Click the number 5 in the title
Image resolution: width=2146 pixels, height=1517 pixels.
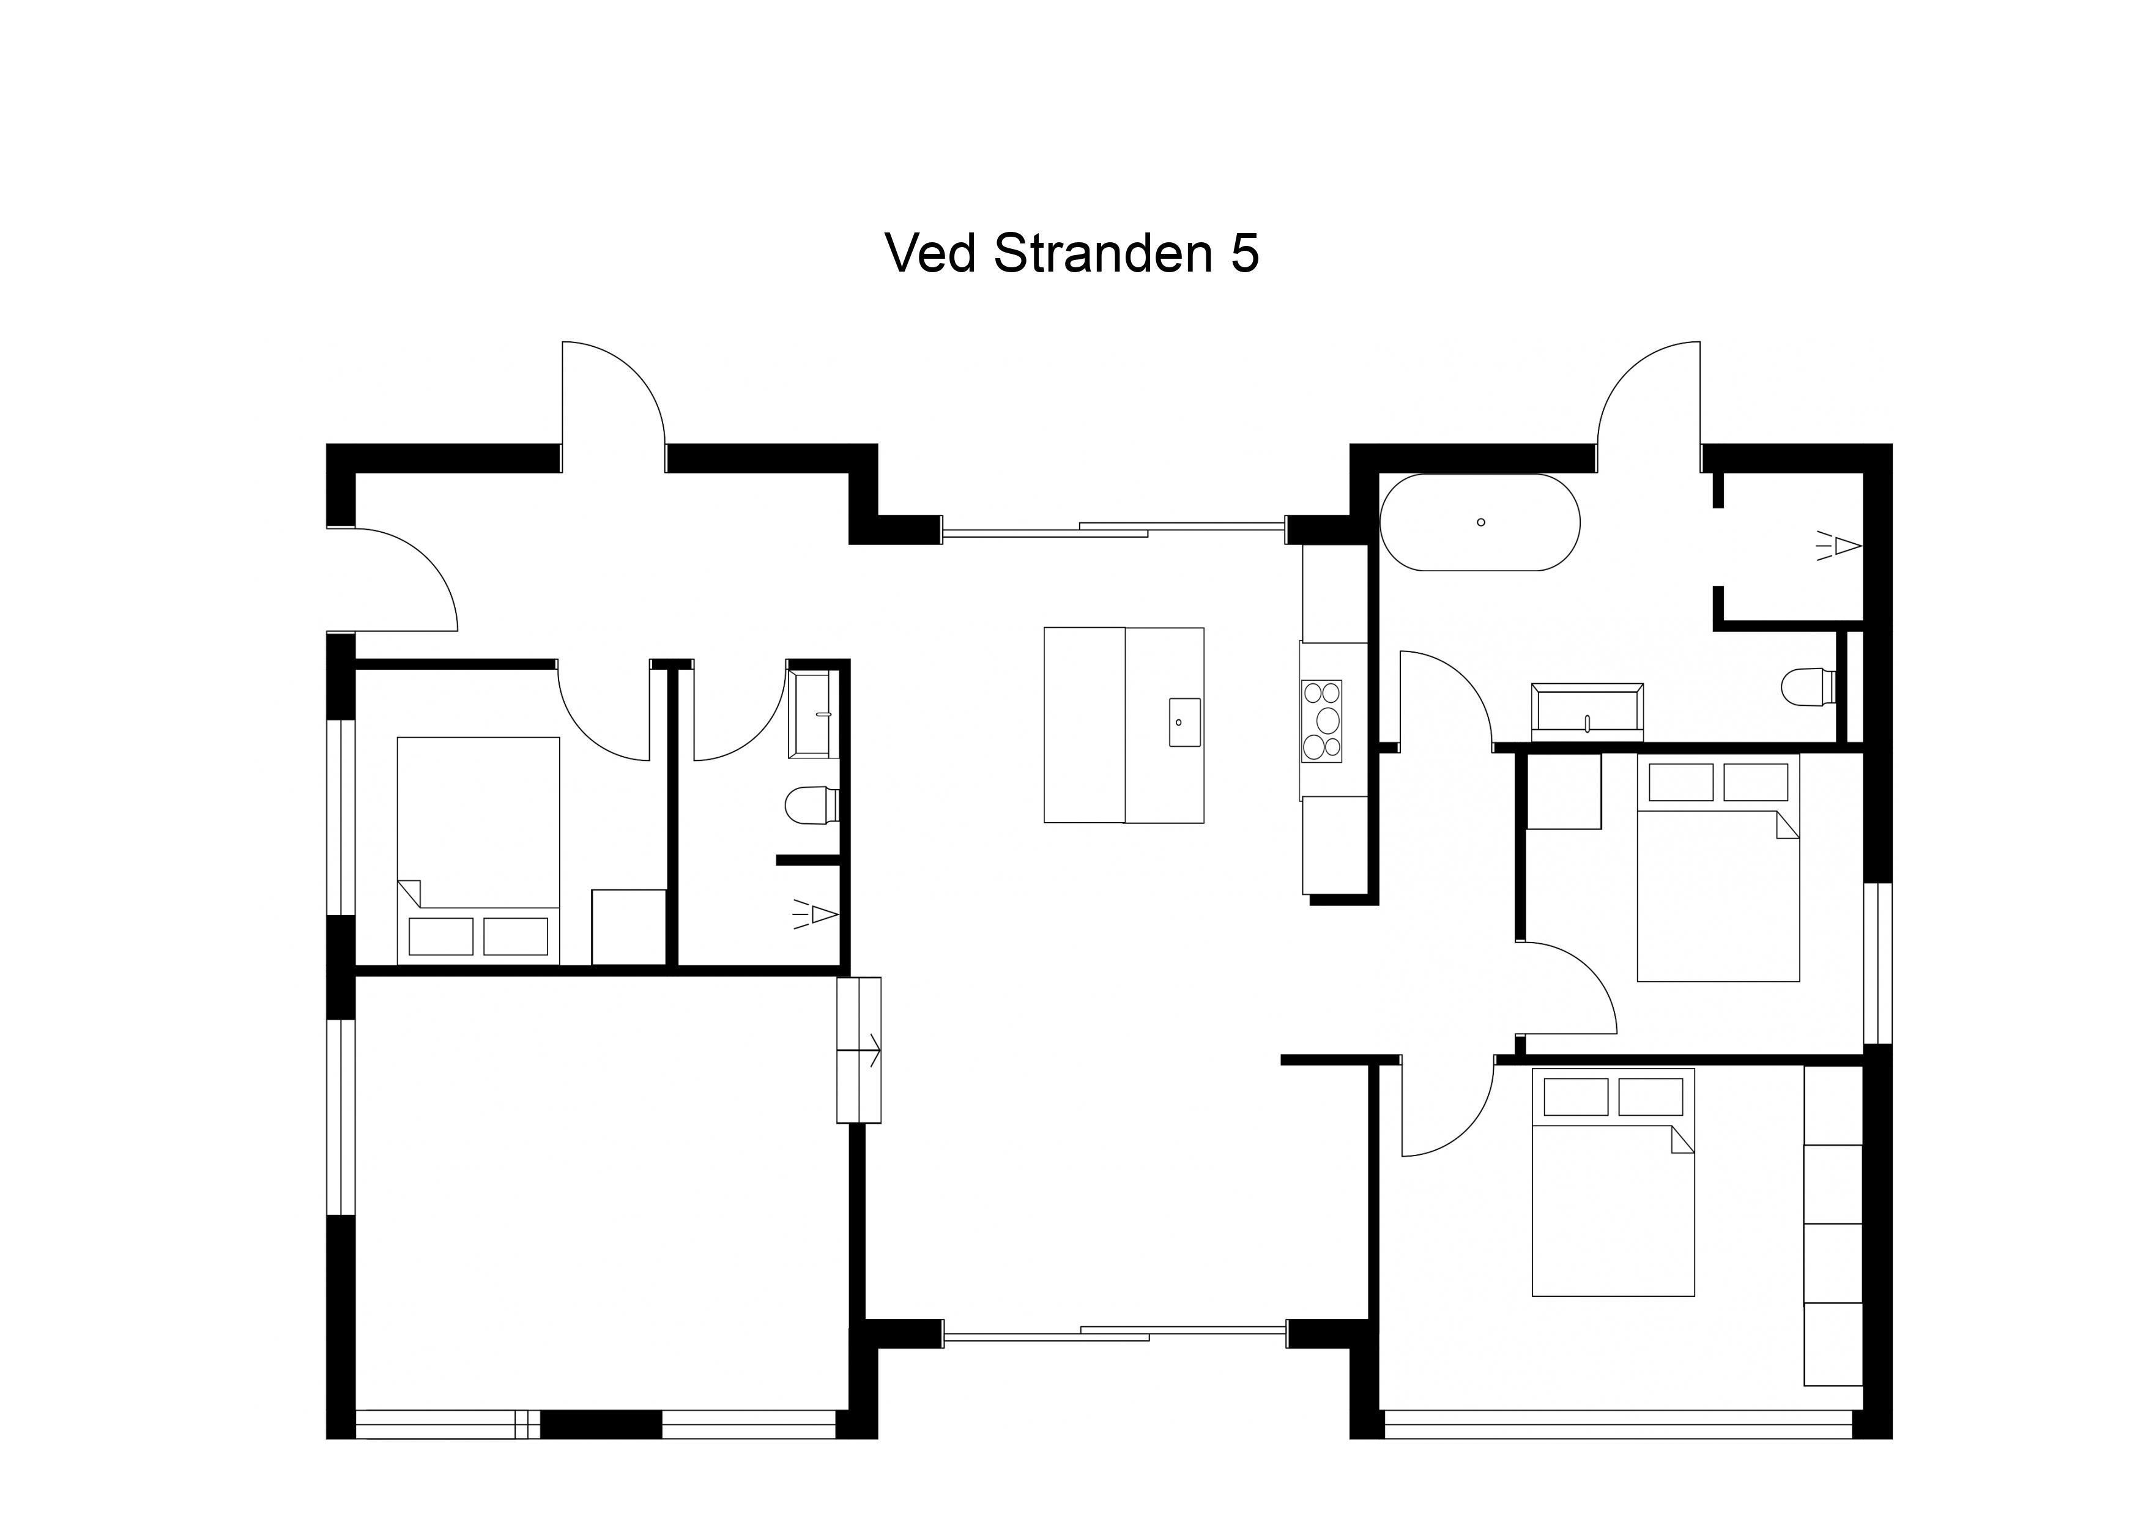1244,253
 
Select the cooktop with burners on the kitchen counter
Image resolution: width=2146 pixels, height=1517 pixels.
1321,721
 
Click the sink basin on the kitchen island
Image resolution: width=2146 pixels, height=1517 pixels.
1184,722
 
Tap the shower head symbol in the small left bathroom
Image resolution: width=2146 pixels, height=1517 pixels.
815,914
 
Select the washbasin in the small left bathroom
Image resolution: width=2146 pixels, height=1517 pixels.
811,714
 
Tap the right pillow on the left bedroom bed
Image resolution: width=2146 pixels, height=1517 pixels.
516,937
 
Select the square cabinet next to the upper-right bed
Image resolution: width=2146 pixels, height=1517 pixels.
1563,791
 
